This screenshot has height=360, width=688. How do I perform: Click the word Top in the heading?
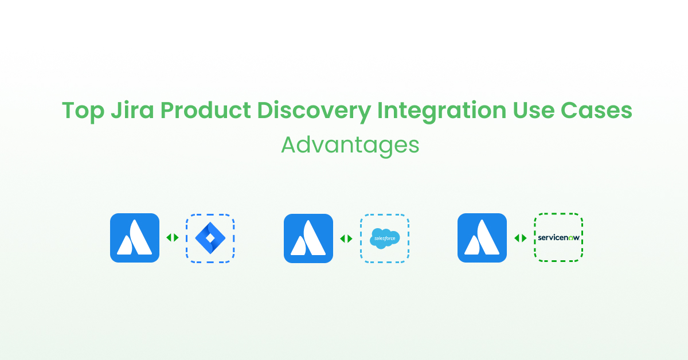80,111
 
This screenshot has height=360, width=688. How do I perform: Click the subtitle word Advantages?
350,146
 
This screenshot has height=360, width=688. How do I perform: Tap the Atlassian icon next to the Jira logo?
135,238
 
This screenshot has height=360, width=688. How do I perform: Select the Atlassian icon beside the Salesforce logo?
308,238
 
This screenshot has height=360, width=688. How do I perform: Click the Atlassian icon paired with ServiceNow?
482,238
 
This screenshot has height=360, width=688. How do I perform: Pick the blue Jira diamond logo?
210,238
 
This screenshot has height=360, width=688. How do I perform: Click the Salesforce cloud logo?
384,238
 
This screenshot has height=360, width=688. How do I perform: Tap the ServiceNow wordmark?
558,237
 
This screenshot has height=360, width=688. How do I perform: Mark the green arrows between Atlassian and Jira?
173,238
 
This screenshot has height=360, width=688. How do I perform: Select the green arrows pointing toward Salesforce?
346,238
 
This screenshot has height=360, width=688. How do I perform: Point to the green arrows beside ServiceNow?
520,238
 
